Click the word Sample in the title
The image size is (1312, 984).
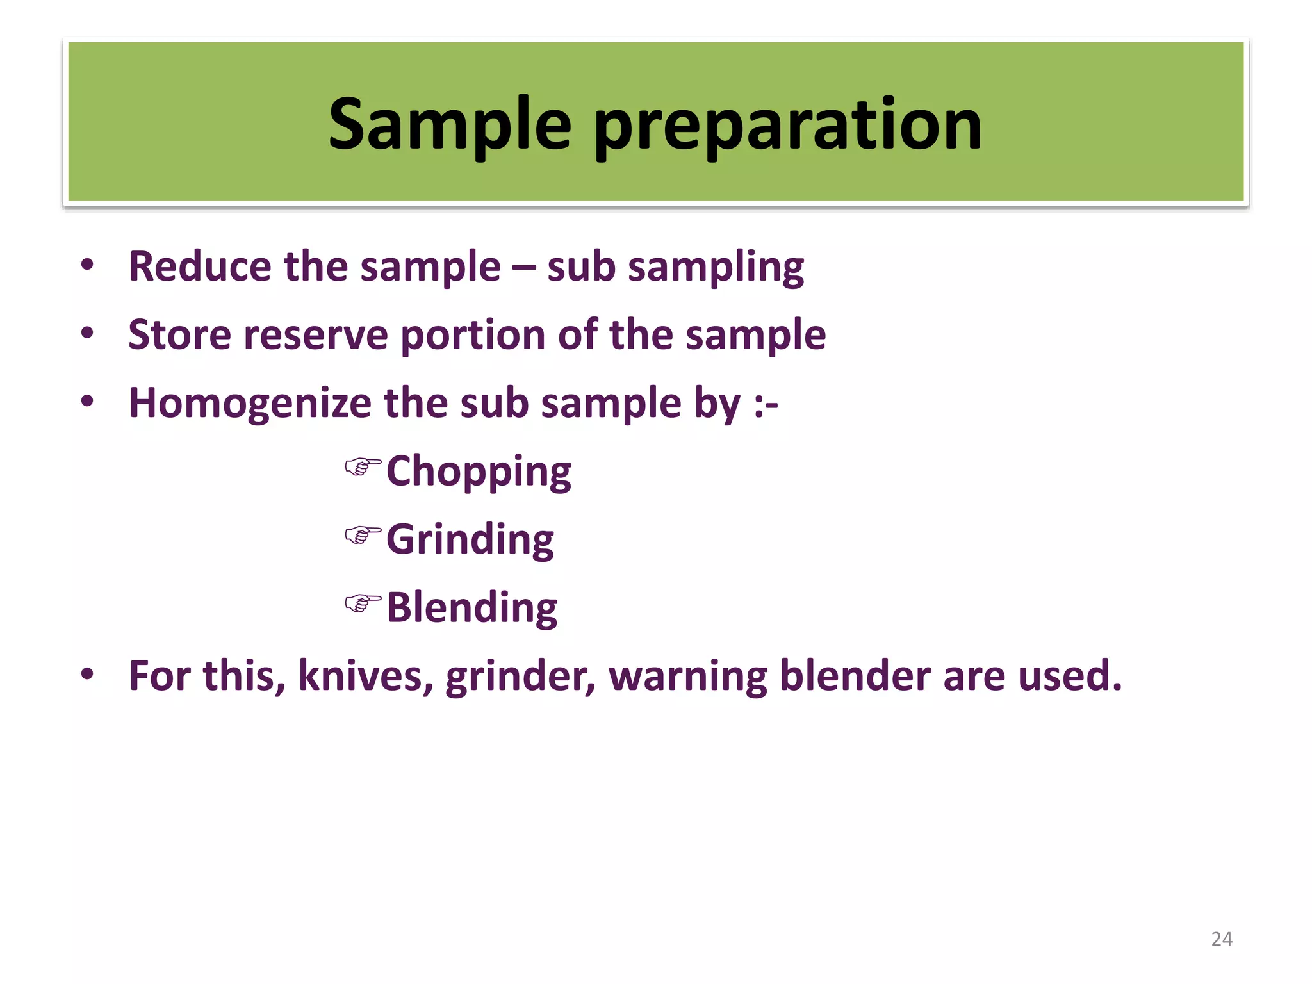click(449, 125)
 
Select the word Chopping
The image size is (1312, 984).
click(479, 472)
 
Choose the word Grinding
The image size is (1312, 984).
click(470, 540)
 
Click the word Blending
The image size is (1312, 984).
click(472, 608)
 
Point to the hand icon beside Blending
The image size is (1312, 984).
click(363, 603)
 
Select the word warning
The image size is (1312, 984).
click(688, 678)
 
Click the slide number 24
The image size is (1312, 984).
click(1221, 939)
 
